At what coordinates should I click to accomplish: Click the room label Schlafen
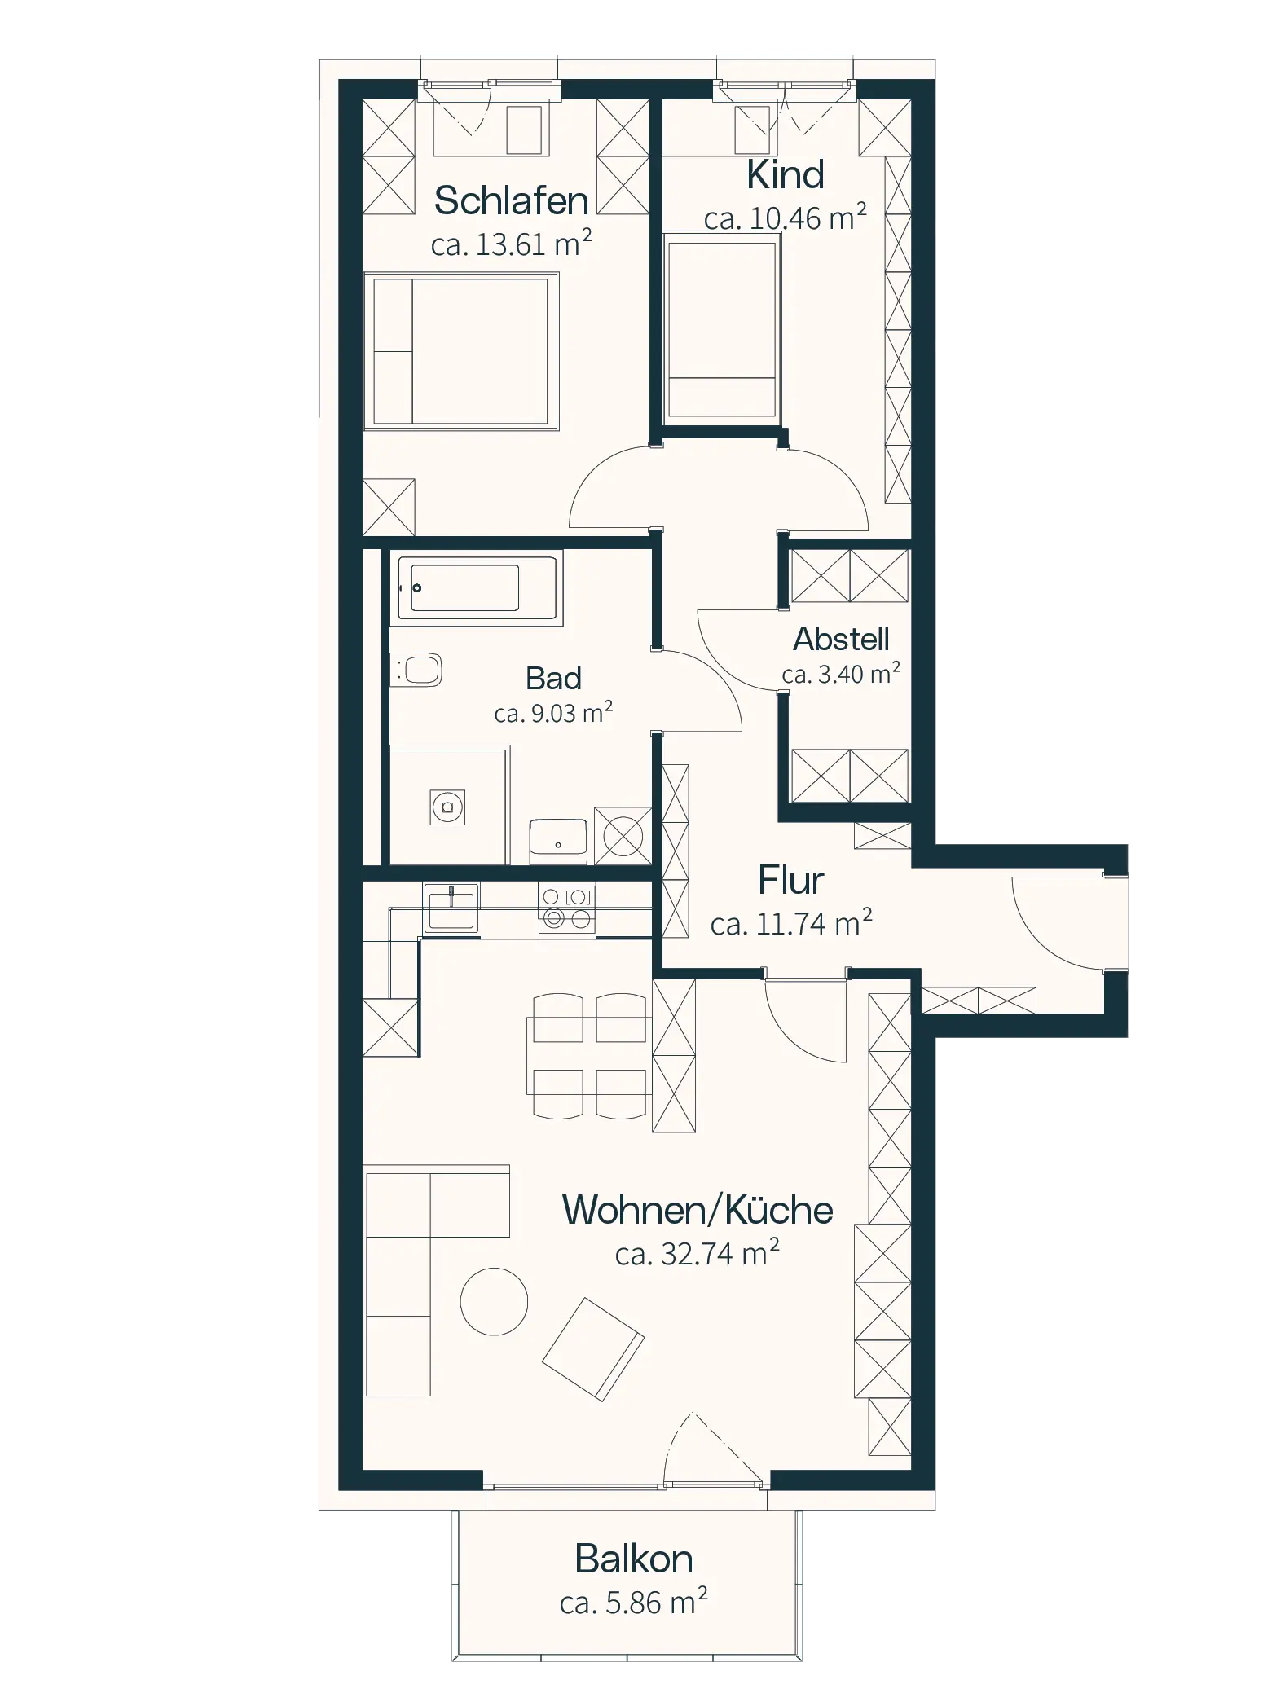coord(511,200)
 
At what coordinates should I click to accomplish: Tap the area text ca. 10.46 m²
coord(785,218)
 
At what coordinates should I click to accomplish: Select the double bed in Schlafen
coord(460,351)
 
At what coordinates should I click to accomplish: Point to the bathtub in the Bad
coord(477,587)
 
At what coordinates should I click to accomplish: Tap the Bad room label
coord(553,678)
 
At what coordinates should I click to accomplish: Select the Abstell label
coord(841,639)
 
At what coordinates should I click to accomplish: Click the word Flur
coord(790,880)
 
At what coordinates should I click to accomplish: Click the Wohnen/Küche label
coord(698,1211)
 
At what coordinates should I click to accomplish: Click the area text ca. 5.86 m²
coord(633,1603)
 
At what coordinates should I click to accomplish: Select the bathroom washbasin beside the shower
coord(559,841)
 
